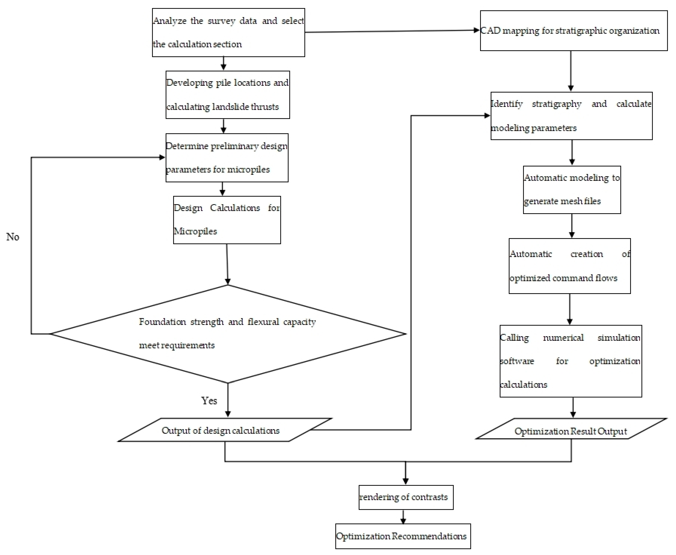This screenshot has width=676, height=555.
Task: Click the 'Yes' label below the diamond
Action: [209, 401]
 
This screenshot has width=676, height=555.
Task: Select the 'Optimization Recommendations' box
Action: [403, 536]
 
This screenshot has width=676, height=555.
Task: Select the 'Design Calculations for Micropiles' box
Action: [227, 220]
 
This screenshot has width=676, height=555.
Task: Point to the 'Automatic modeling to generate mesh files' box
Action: [572, 190]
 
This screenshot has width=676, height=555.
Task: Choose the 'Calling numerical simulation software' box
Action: [571, 361]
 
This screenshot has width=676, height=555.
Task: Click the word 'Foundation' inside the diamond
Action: [162, 322]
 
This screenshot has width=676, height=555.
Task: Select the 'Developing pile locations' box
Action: [228, 95]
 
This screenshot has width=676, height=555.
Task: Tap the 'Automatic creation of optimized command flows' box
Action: [570, 266]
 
